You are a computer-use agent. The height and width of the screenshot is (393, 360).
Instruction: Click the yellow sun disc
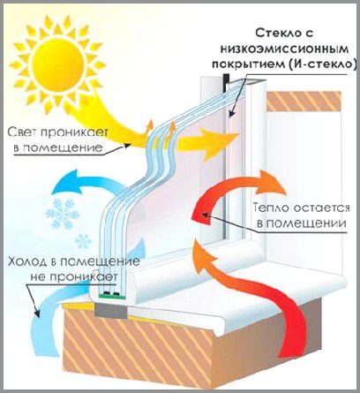(x=58, y=63)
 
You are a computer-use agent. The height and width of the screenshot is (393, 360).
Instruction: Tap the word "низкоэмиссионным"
(x=284, y=49)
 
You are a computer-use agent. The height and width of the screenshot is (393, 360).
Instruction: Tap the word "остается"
(x=321, y=208)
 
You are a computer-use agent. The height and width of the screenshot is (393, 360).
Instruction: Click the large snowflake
(x=64, y=214)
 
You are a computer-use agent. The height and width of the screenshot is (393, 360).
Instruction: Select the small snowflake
(x=84, y=241)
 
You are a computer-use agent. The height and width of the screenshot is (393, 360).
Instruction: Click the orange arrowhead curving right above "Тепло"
(x=270, y=183)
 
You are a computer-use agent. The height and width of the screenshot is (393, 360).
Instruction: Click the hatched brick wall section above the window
(x=304, y=101)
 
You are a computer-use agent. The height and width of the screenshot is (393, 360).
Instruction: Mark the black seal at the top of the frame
(x=226, y=83)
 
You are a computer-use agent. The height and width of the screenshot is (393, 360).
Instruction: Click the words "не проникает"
(x=74, y=276)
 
